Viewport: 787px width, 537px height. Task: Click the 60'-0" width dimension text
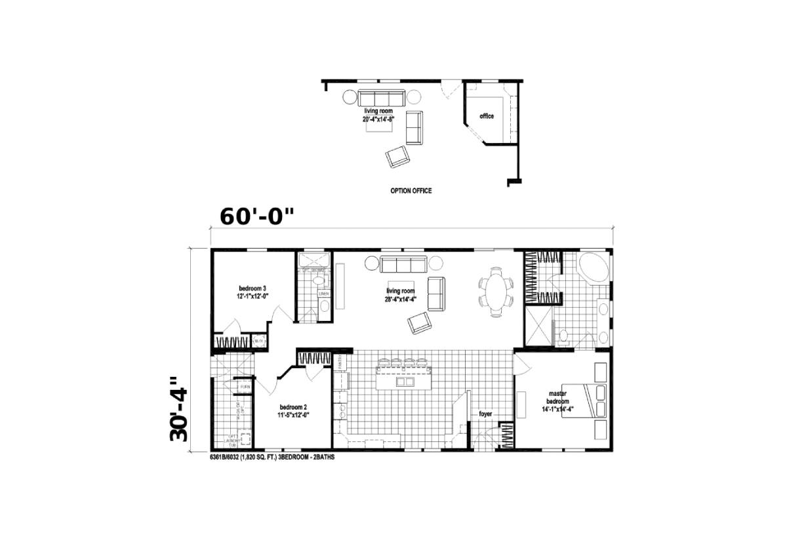click(x=256, y=217)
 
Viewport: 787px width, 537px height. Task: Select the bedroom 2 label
click(x=294, y=410)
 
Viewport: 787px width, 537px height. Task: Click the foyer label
click(x=485, y=414)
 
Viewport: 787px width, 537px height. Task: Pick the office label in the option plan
click(x=487, y=116)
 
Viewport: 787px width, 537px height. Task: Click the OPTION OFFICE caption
click(x=411, y=191)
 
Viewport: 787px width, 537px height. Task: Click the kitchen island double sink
click(x=405, y=381)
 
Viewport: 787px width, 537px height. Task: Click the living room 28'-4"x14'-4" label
click(x=400, y=295)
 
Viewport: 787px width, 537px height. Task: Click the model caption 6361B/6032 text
click(x=273, y=457)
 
